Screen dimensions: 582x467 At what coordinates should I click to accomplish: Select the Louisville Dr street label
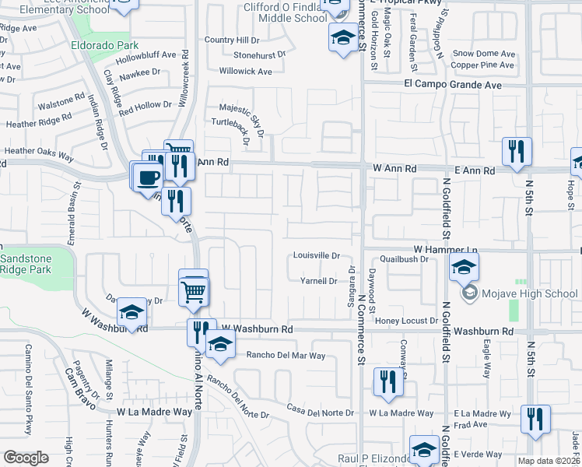click(x=317, y=255)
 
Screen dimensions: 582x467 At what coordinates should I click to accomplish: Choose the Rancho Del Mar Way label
click(x=286, y=355)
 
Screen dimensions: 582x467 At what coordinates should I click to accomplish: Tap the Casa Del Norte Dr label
click(x=321, y=412)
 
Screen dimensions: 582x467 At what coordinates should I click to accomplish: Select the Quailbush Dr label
click(x=405, y=260)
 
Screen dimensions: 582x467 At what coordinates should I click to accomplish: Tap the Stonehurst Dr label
click(x=265, y=55)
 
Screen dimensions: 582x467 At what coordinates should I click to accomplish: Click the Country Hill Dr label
click(x=232, y=40)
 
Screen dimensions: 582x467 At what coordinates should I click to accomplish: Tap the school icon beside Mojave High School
click(x=464, y=269)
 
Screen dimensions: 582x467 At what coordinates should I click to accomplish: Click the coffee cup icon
click(x=148, y=177)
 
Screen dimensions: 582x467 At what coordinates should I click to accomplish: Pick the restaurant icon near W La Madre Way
click(x=387, y=381)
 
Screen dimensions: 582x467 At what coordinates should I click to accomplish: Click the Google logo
click(x=26, y=458)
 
